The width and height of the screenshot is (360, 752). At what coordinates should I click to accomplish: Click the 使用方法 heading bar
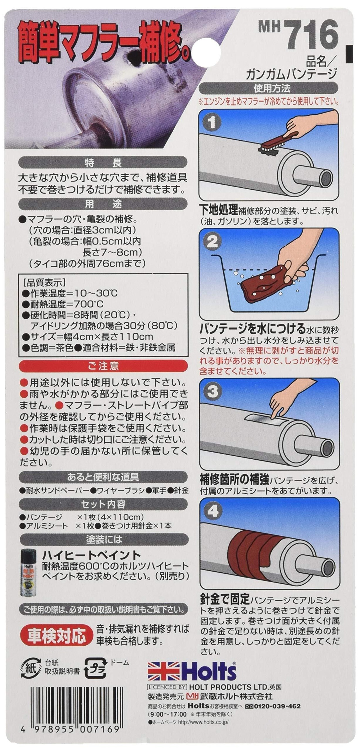point(268,88)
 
